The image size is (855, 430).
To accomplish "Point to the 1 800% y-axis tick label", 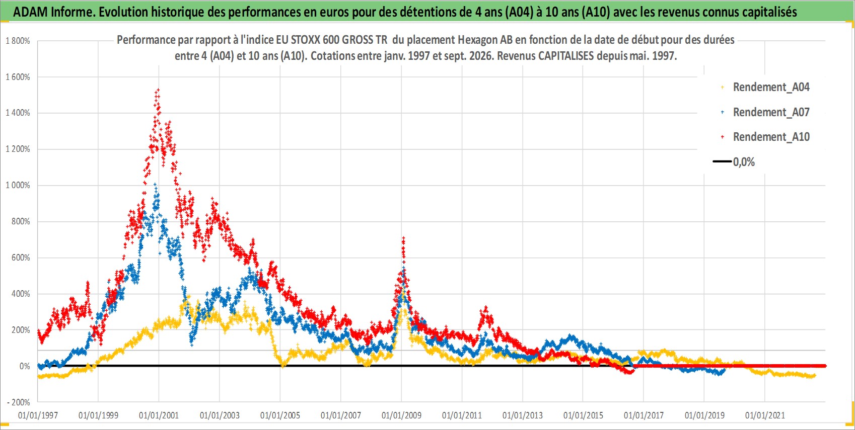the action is (x=18, y=41).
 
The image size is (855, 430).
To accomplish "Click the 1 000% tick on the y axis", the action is (x=18, y=185).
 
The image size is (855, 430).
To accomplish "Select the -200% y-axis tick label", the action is (x=18, y=402).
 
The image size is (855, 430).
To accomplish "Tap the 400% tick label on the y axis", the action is (x=21, y=294).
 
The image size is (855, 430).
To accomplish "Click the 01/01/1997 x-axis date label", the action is (x=38, y=415).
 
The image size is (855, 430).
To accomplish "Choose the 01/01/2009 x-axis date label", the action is (x=401, y=415).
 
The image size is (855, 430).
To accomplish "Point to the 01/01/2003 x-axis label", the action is (x=220, y=415).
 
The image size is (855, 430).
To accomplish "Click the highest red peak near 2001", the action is (x=158, y=90).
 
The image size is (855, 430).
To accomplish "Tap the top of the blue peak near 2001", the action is (x=155, y=184).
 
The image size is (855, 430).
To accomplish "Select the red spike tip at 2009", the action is (x=403, y=238).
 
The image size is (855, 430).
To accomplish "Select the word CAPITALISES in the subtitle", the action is (x=566, y=56).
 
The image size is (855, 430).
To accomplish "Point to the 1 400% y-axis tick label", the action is (x=18, y=113).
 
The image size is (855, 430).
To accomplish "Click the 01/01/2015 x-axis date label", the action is (x=583, y=415).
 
